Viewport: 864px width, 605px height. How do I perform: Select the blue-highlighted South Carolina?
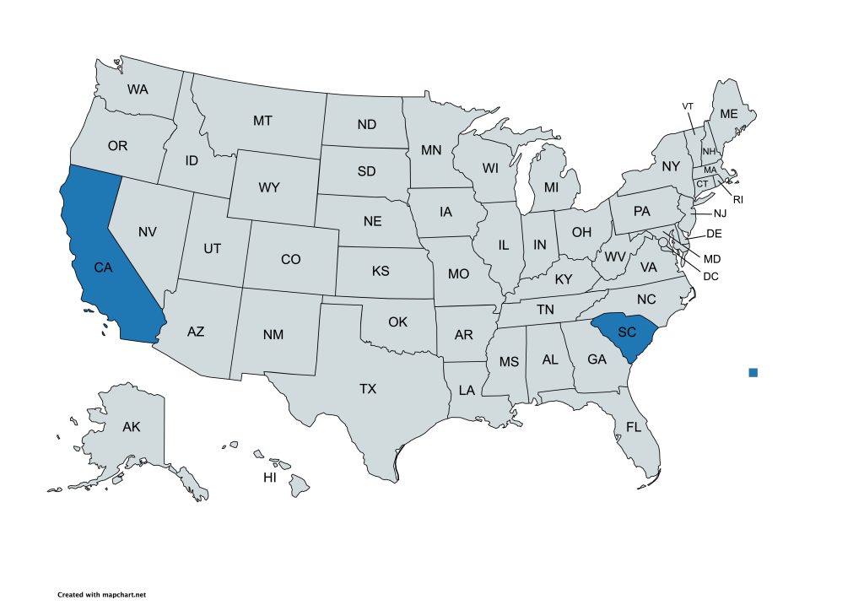click(626, 332)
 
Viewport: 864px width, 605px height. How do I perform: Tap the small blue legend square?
click(753, 372)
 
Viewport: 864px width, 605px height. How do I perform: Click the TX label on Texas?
click(368, 389)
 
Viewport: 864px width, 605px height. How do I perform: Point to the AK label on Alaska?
click(131, 427)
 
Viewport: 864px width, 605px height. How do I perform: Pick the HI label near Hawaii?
click(270, 478)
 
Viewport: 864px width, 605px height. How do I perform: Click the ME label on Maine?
click(727, 114)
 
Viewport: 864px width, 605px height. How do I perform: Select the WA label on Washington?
click(138, 89)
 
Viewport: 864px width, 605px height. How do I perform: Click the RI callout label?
click(737, 200)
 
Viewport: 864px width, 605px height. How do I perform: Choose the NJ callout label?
click(719, 214)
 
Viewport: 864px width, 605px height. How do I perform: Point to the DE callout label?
click(714, 233)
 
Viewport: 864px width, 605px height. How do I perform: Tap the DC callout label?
click(710, 275)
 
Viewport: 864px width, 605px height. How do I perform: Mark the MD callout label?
click(712, 258)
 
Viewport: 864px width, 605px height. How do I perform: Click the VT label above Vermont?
click(688, 106)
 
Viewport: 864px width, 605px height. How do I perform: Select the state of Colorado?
click(290, 259)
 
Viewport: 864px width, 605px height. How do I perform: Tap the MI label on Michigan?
click(551, 186)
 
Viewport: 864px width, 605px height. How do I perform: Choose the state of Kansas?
click(381, 272)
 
